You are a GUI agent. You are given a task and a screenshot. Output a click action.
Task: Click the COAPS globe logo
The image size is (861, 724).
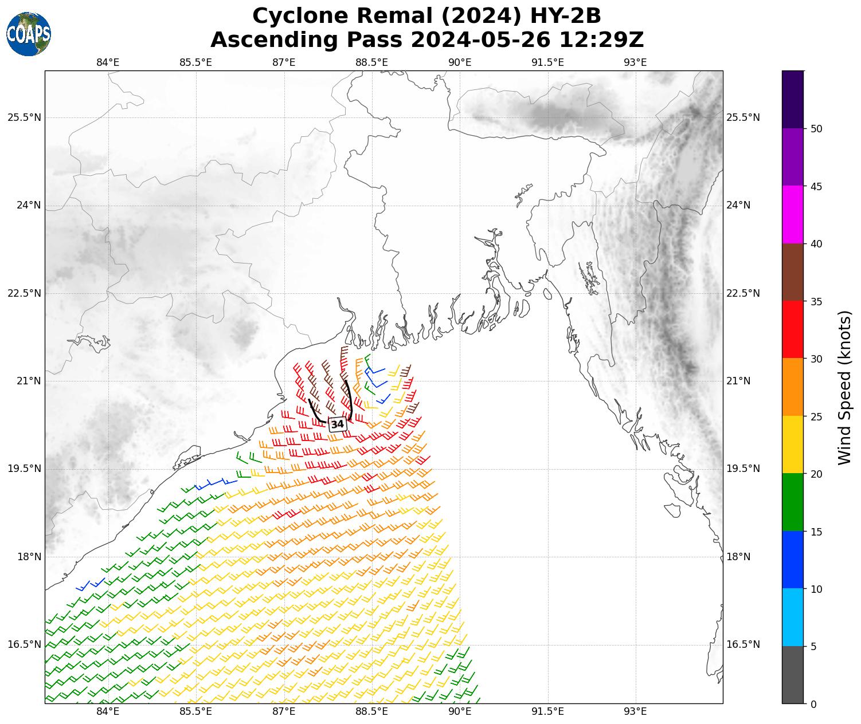coord(29,34)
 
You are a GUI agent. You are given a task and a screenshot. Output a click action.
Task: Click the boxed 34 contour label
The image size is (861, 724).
coord(338,424)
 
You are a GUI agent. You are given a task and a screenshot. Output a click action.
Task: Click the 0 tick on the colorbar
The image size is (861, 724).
coord(813,704)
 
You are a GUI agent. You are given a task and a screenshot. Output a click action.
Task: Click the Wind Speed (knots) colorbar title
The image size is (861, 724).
coord(844,387)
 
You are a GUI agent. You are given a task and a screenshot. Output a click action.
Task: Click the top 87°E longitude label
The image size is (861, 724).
coord(284,62)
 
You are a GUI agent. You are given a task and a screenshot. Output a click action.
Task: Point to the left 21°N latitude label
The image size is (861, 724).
coord(24,381)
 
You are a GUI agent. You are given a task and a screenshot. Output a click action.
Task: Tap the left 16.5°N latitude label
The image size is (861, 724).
coord(24,644)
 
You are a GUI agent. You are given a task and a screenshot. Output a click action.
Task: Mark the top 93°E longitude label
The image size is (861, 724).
coord(635,62)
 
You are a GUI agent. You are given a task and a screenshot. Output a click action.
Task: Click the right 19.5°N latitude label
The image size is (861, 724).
coord(743,469)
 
